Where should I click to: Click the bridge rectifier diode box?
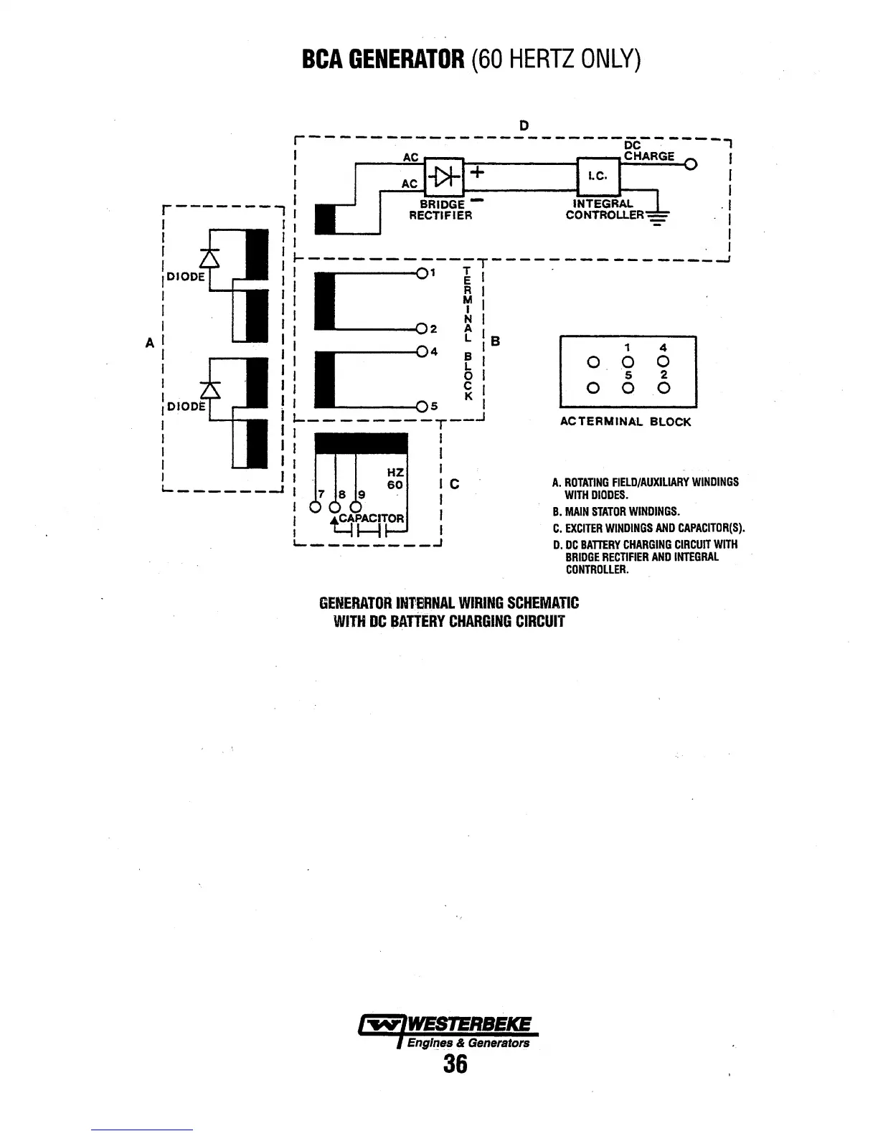tap(445, 175)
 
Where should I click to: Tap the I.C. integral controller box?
tap(598, 174)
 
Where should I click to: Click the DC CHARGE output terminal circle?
tap(690, 165)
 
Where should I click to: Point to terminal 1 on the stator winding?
tap(422, 273)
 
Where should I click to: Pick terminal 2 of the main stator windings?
tap(422, 329)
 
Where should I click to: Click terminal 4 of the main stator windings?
tap(422, 351)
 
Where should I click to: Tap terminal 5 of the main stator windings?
tap(422, 407)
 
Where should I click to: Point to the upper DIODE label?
tap(185, 276)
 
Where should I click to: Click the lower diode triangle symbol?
tap(209, 389)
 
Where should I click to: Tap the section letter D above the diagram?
tap(524, 126)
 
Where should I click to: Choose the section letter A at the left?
tap(150, 343)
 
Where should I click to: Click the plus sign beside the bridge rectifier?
tap(478, 173)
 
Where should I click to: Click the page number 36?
tap(455, 1064)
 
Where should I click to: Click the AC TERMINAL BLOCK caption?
tap(625, 422)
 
